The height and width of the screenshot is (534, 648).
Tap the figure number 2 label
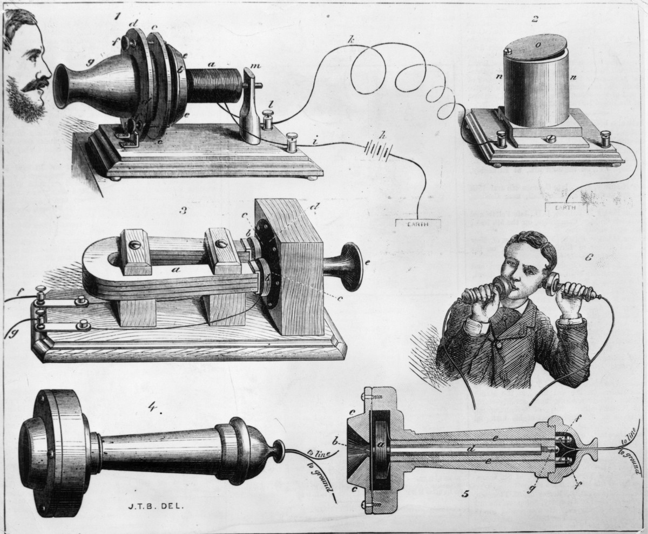pyautogui.click(x=535, y=20)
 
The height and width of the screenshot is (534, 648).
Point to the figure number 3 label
pyautogui.click(x=183, y=210)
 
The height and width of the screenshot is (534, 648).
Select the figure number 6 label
pyautogui.click(x=589, y=258)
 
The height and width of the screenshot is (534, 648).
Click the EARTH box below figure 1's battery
pyautogui.click(x=418, y=222)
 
